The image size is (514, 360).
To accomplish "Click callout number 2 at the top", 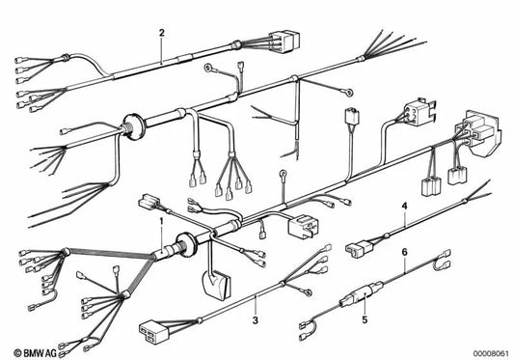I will point(161,32).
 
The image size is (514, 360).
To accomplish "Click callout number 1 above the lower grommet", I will point(160,222).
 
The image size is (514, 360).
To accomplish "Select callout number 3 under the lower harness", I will point(255,319).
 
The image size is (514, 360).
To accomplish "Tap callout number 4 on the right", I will point(404,208).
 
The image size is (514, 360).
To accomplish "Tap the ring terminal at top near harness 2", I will point(207,69).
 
